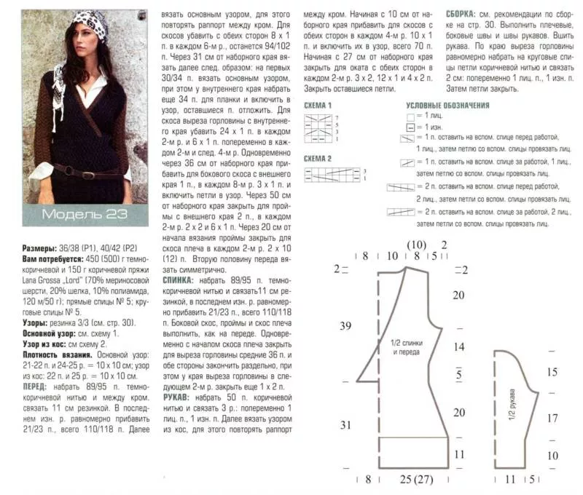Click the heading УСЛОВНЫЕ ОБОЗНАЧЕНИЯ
[447, 106]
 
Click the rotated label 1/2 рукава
[513, 396]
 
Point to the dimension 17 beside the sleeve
[552, 419]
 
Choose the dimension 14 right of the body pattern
[458, 348]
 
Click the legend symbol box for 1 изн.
[411, 127]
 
